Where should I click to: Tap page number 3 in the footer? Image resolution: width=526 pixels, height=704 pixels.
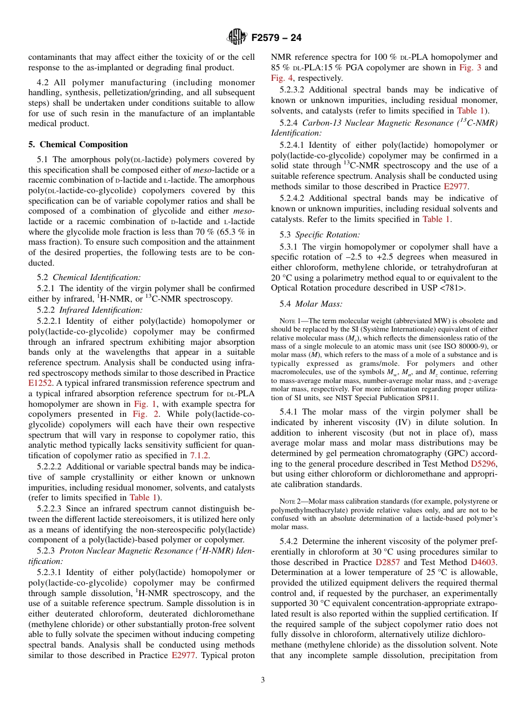click(x=263, y=680)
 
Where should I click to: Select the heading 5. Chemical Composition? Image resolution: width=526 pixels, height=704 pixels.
click(x=78, y=144)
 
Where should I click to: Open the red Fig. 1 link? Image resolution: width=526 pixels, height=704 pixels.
click(x=146, y=403)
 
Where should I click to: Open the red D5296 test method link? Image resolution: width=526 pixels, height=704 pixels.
click(x=483, y=464)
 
